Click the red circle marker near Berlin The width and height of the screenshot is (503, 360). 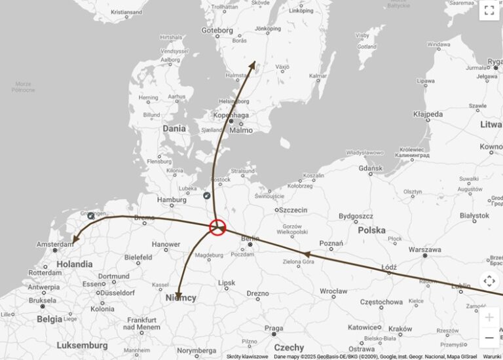click(x=217, y=227)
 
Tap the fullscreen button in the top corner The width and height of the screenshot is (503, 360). click(x=489, y=10)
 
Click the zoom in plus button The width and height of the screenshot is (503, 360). click(x=489, y=317)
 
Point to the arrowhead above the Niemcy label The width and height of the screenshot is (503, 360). click(x=177, y=293)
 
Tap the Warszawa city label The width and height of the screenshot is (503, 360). click(x=424, y=249)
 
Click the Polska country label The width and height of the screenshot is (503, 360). click(x=371, y=230)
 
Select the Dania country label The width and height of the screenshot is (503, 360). click(x=174, y=128)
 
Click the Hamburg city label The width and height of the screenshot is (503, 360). click(x=172, y=200)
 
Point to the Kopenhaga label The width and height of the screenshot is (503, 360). click(x=231, y=115)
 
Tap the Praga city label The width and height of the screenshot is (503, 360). click(x=274, y=328)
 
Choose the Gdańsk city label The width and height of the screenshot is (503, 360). click(x=370, y=168)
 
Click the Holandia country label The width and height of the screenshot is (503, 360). click(x=75, y=264)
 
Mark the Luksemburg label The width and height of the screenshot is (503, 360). click(x=82, y=345)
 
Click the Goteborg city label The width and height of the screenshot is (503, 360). click(x=217, y=30)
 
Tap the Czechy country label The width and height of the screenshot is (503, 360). click(x=289, y=348)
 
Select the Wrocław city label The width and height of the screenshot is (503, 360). click(x=333, y=290)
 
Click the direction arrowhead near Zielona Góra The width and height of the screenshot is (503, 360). click(x=305, y=253)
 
